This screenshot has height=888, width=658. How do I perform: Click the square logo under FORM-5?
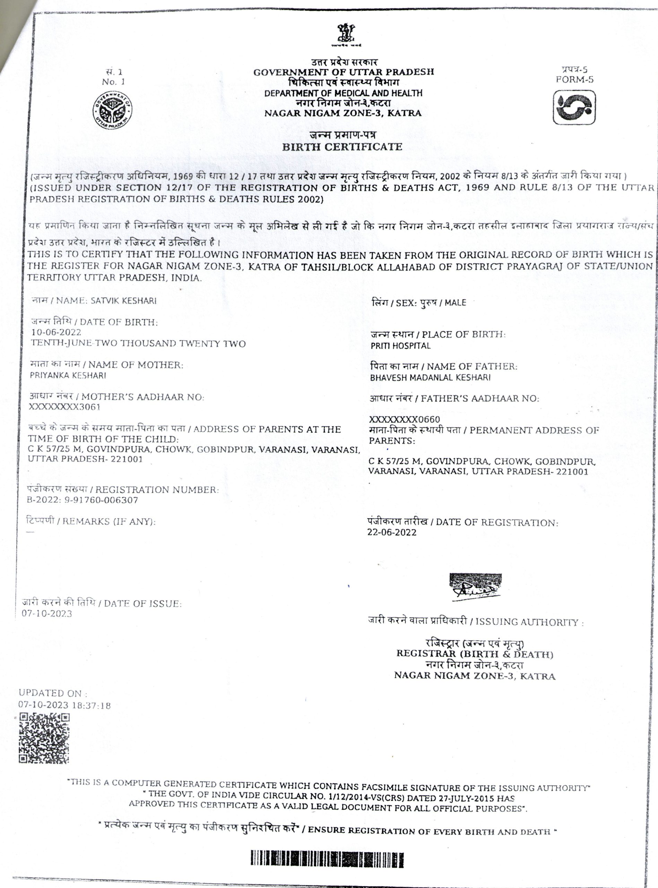574,107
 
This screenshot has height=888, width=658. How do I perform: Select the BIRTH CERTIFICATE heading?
342,147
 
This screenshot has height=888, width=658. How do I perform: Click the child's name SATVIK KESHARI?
123,300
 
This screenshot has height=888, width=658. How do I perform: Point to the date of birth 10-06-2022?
56,332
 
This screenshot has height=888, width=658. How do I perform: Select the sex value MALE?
455,302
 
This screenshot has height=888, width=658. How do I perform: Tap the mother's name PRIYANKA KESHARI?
68,375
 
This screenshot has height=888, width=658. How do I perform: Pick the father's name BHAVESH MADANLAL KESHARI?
430,377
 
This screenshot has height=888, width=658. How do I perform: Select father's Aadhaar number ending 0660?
404,419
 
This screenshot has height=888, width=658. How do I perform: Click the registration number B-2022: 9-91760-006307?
82,500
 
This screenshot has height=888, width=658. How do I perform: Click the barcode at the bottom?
327,859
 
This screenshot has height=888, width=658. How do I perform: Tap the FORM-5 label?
574,79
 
